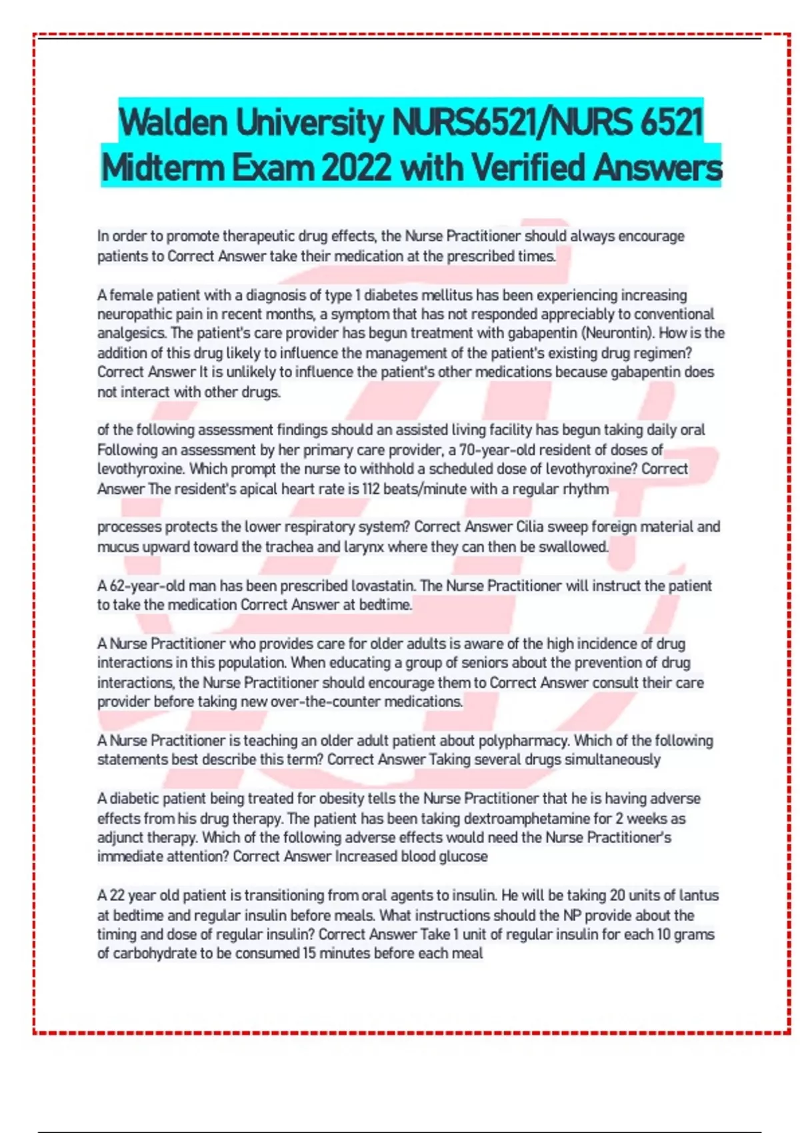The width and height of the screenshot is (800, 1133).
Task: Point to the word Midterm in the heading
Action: point(163,167)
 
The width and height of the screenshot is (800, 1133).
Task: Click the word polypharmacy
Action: point(523,740)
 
